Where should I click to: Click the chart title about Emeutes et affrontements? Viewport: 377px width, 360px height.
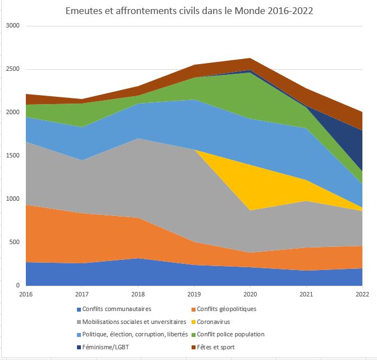point(189,11)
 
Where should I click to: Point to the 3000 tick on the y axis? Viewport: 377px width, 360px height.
point(12,26)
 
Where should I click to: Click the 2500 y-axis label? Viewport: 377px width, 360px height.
point(12,69)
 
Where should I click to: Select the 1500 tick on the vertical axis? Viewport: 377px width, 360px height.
point(12,156)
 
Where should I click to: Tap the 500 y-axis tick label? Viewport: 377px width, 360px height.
point(14,242)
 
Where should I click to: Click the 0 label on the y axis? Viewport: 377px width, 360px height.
point(17,286)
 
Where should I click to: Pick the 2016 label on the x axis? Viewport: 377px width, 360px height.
point(26,294)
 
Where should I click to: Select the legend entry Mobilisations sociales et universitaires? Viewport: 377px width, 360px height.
point(134,322)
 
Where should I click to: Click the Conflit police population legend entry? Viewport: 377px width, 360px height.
point(230,334)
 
